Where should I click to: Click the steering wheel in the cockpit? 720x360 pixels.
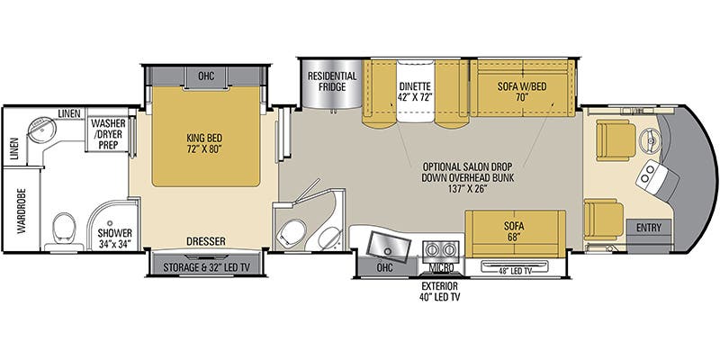pos(650,139)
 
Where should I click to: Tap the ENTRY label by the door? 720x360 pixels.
pos(649,228)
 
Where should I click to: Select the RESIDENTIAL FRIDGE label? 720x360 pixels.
pos(332,81)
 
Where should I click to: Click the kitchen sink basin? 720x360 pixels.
pos(390,246)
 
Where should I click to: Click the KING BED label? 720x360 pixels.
pos(206,142)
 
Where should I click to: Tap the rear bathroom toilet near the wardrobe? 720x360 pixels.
pos(64,229)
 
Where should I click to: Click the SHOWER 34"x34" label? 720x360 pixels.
pos(114,238)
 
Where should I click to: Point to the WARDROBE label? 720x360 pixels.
pos(22,211)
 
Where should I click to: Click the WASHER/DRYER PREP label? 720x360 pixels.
pos(108,134)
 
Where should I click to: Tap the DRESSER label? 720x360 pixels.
pos(206,241)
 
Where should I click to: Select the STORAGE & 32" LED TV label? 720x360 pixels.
pos(206,267)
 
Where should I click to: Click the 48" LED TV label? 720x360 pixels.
pos(514,272)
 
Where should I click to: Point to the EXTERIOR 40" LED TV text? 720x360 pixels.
pos(441,292)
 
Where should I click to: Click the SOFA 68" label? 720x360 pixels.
pos(514,231)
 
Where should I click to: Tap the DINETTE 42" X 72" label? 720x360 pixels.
pos(415,92)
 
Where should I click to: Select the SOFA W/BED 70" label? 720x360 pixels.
pos(522,92)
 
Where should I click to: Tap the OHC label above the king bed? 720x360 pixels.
pos(206,75)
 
